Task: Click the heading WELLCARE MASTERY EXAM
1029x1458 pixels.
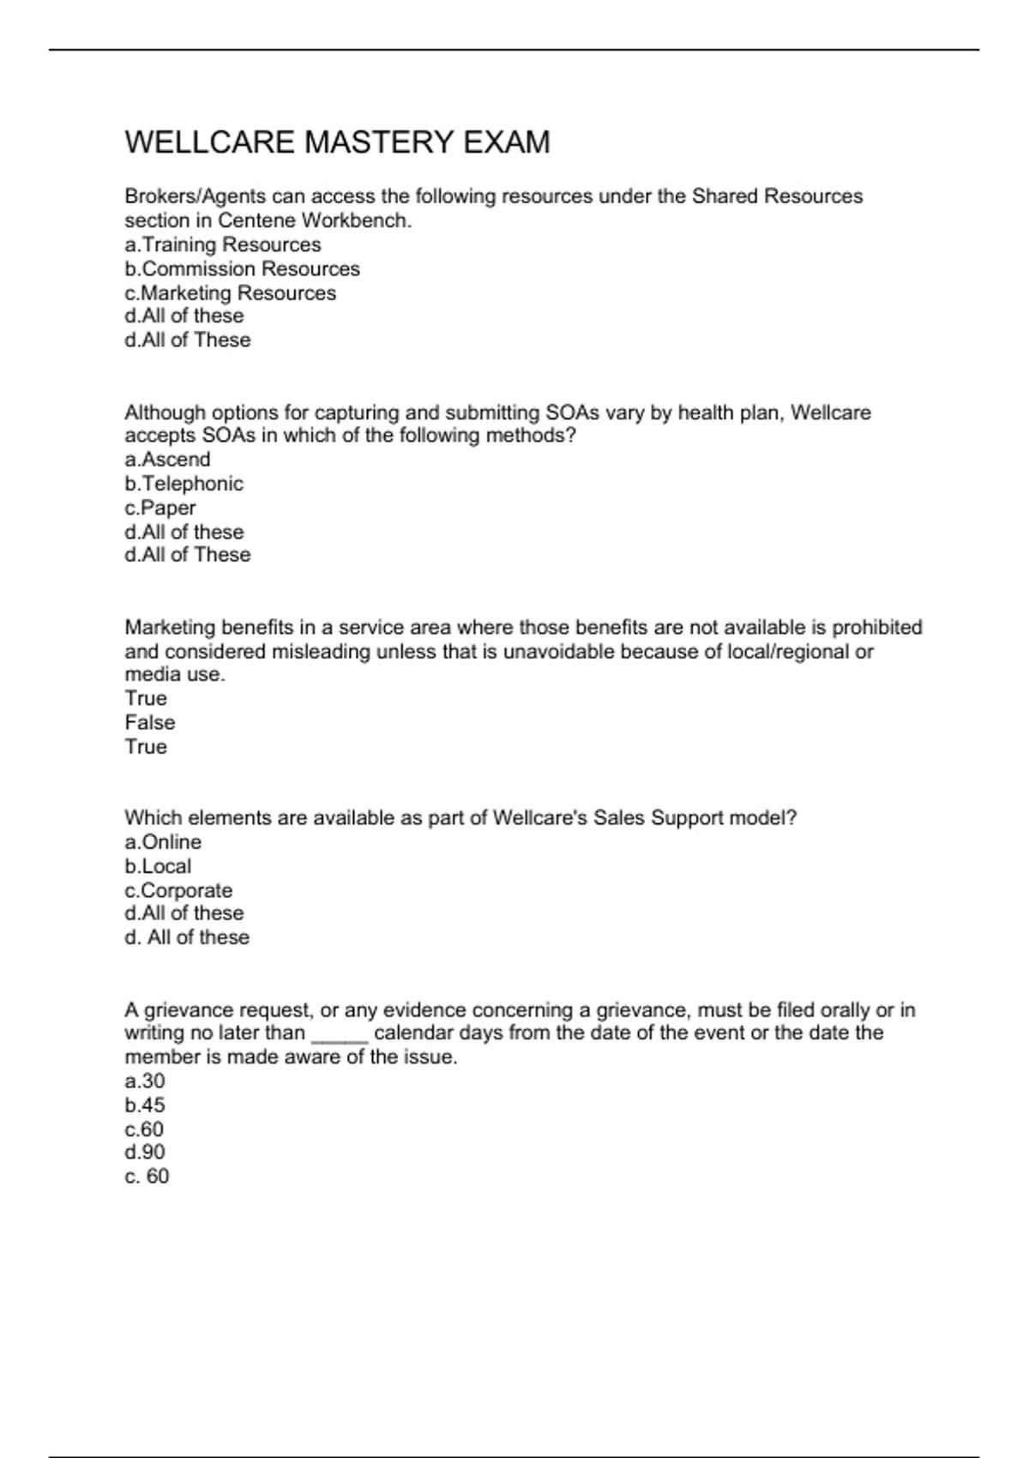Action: point(337,142)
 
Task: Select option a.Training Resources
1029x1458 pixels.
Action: point(223,244)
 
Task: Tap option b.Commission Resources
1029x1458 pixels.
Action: point(242,268)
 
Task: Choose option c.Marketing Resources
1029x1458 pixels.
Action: point(230,292)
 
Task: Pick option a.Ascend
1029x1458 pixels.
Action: point(167,459)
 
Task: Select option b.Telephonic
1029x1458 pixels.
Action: point(184,483)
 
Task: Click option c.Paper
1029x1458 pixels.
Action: point(160,507)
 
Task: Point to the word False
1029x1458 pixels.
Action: point(150,722)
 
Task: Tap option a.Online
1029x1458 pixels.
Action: point(163,841)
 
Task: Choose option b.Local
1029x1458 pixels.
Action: point(158,865)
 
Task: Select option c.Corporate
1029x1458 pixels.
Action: point(178,889)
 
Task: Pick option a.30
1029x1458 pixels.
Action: point(145,1081)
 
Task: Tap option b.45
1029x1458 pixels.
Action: point(145,1105)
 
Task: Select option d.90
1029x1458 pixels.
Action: point(145,1152)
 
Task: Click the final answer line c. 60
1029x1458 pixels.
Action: point(147,1176)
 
